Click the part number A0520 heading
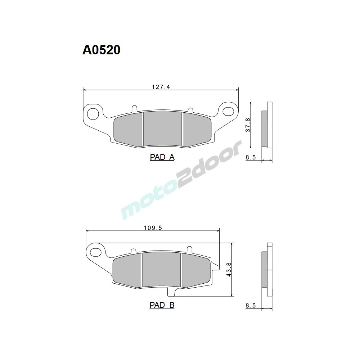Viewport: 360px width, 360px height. (x=101, y=50)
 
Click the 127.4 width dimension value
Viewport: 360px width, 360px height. (x=161, y=87)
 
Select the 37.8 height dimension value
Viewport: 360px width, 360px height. (x=248, y=125)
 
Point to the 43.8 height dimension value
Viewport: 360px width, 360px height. (x=229, y=269)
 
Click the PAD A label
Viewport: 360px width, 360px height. (x=162, y=157)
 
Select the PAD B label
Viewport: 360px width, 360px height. (x=162, y=305)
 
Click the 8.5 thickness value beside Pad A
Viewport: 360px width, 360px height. (x=251, y=158)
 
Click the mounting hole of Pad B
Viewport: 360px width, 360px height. (x=96, y=251)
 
